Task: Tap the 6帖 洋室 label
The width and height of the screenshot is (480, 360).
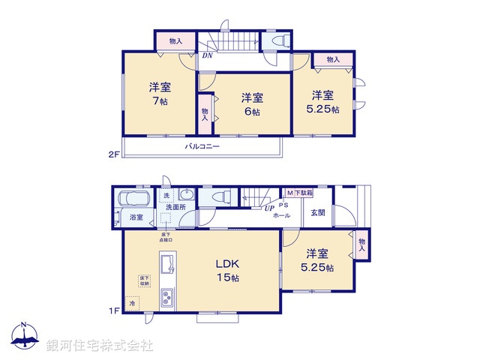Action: [251, 104]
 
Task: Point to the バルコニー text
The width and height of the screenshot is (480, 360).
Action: [202, 147]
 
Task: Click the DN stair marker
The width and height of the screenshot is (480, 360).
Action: [207, 55]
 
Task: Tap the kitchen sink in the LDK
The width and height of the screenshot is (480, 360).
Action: [167, 265]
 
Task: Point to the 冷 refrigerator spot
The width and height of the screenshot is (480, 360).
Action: [133, 304]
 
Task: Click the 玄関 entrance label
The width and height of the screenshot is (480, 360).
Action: [318, 212]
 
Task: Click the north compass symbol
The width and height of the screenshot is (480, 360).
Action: [24, 338]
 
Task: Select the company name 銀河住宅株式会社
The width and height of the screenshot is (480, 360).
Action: [100, 345]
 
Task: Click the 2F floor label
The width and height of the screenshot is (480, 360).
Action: [113, 155]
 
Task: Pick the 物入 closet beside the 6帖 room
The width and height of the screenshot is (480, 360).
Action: [205, 113]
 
